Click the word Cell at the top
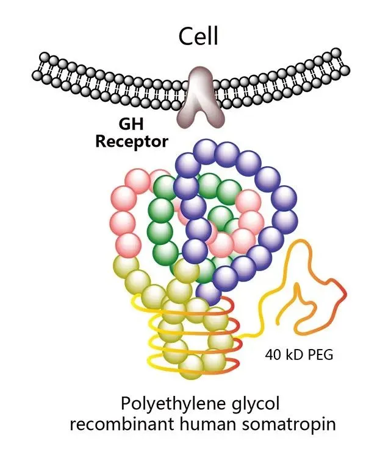click(198, 36)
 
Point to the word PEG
click(318, 353)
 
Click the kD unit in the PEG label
click(292, 353)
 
